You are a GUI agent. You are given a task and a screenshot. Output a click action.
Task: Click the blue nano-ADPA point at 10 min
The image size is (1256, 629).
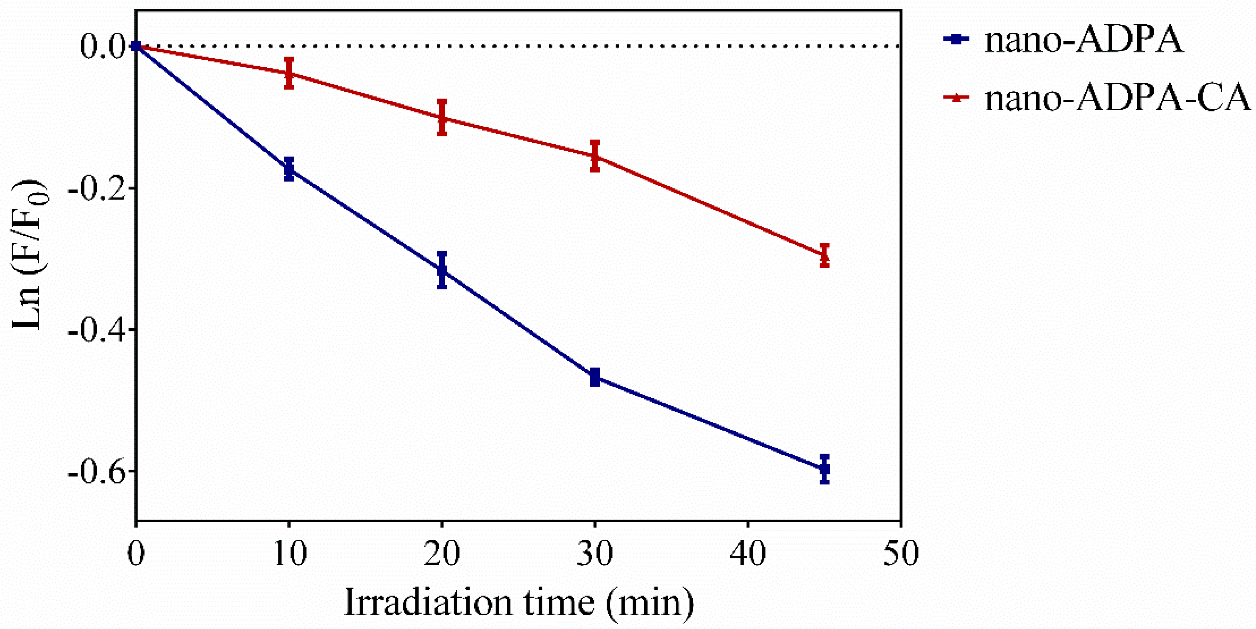tap(288, 169)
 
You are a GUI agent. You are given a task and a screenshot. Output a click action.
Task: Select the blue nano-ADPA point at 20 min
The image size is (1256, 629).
tap(442, 270)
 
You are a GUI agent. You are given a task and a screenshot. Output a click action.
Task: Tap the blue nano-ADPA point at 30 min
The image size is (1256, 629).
tap(594, 377)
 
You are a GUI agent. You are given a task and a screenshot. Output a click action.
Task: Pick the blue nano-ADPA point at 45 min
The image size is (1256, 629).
tap(825, 469)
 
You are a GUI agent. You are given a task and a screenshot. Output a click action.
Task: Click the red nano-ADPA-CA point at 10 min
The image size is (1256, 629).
tap(288, 73)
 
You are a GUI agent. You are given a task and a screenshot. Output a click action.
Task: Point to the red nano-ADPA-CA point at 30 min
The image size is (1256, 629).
tap(594, 156)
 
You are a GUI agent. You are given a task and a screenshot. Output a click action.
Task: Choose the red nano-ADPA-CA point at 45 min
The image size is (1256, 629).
tap(825, 254)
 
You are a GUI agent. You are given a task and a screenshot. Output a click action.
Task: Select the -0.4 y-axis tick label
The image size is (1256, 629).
tap(96, 331)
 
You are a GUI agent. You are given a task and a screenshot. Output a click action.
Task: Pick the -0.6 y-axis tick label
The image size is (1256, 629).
tap(96, 472)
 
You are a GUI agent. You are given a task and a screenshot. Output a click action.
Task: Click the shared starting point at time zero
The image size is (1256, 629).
tap(136, 46)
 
